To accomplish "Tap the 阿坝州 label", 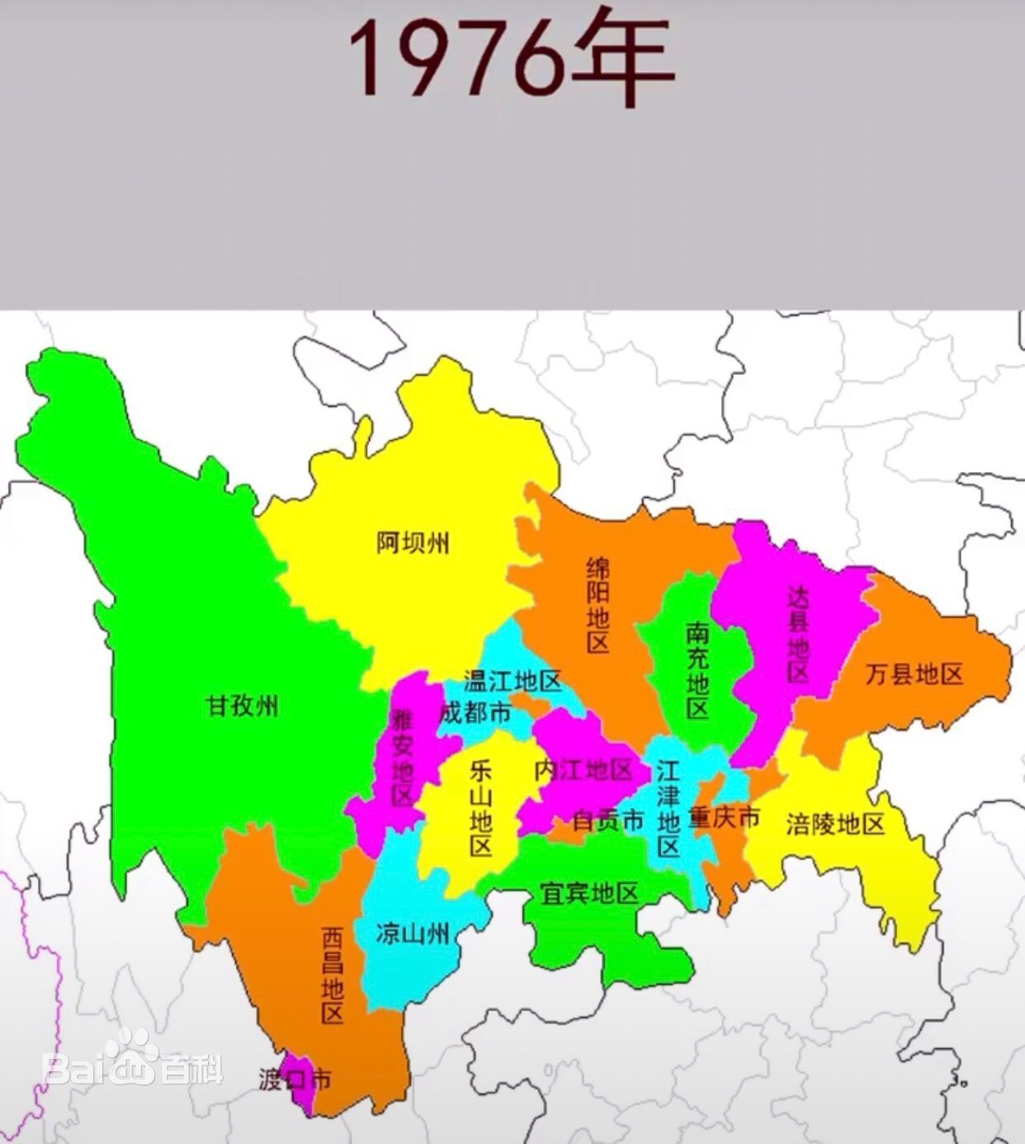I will pos(413,543).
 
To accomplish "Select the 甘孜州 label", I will pos(242,707).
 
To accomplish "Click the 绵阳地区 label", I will pos(598,605).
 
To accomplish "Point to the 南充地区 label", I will pos(697,670).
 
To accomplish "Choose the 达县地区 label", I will pos(798,634).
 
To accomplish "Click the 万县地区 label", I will pos(914,674).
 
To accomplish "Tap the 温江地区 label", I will pos(512,681).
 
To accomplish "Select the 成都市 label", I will pos(475,712).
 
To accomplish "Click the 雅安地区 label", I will pos(402,758).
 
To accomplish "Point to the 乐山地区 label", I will pos(480,808).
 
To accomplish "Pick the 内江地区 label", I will pos(583,770).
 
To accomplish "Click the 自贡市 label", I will pos(607,820).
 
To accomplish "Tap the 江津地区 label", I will pos(668,809).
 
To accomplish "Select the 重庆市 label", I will pos(724,817).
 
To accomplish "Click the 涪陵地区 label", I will pos(835,823).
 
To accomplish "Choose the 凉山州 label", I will pos(413,933).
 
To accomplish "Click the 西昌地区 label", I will pos(332,975).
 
